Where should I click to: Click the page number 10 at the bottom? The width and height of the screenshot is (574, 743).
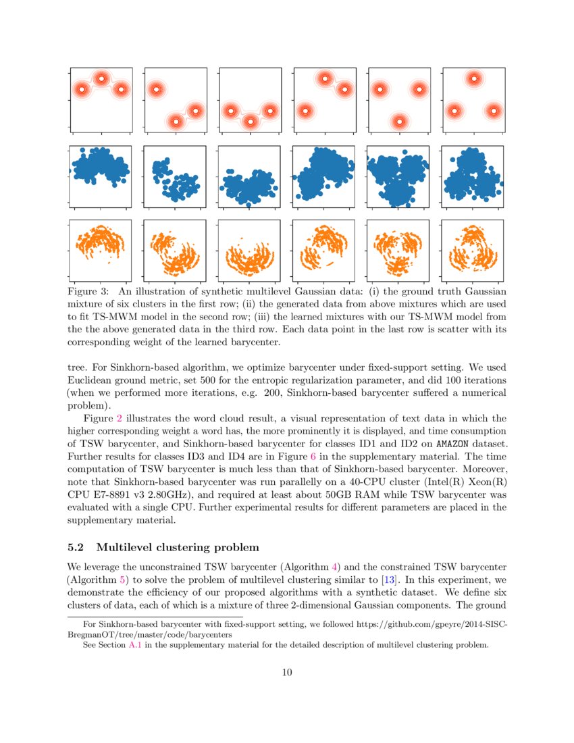(287, 672)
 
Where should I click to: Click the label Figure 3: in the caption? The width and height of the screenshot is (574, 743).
(88, 292)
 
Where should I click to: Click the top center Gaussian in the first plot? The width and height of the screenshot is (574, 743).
(101, 78)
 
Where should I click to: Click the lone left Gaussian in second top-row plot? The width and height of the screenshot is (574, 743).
(156, 89)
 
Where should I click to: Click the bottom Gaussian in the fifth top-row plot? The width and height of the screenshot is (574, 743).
(400, 122)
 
